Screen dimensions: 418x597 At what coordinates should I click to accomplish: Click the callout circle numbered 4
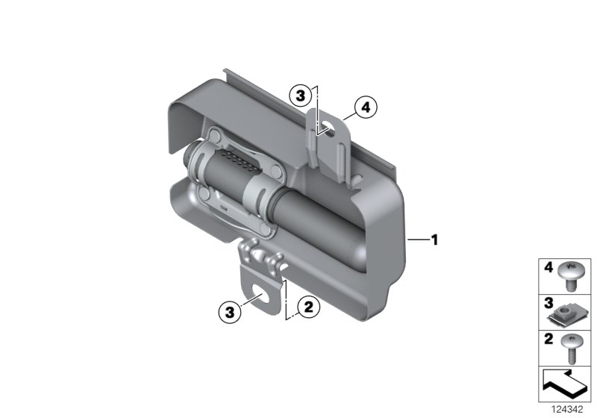pyautogui.click(x=365, y=108)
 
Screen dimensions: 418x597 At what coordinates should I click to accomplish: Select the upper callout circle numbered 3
pyautogui.click(x=300, y=96)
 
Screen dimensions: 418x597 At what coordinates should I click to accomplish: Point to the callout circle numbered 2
pyautogui.click(x=306, y=305)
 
